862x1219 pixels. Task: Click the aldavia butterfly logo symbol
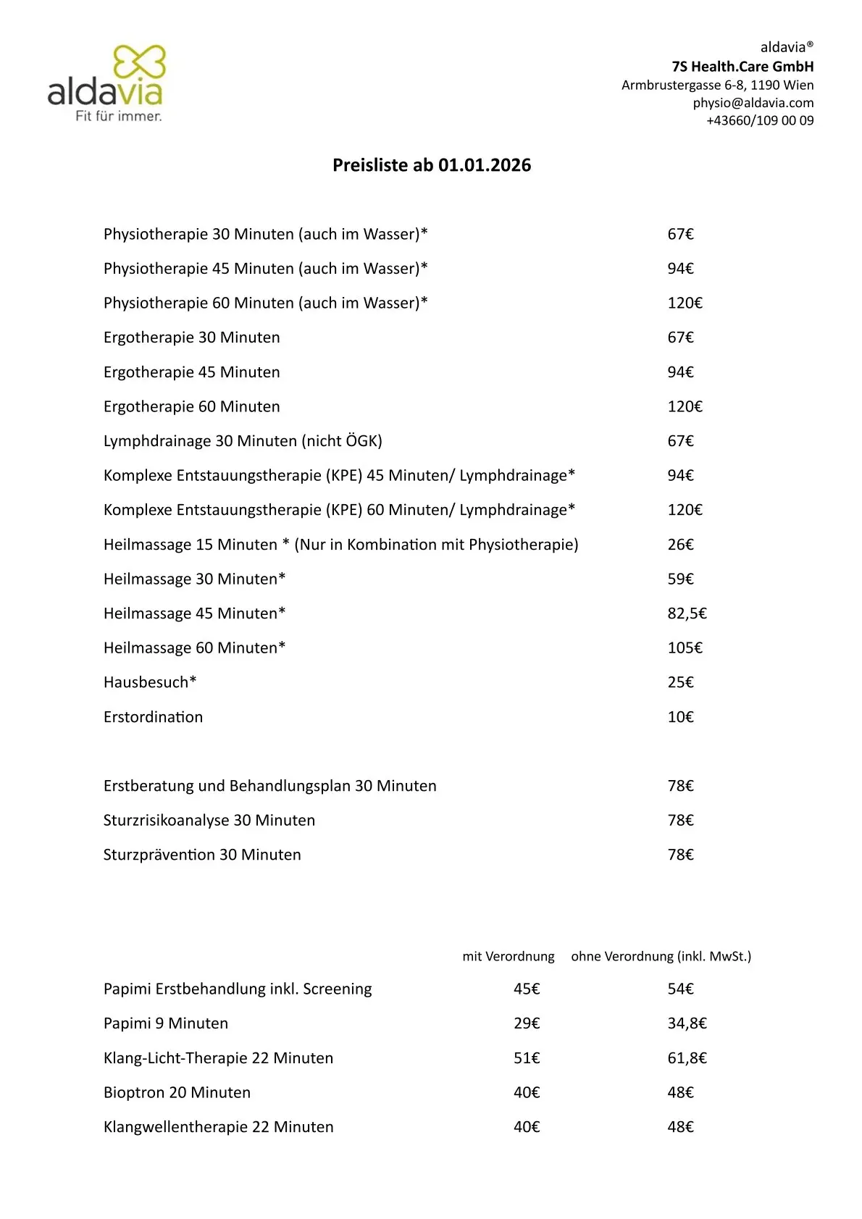[140, 62]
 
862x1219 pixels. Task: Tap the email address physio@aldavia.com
[753, 103]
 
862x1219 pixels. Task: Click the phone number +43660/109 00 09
[760, 121]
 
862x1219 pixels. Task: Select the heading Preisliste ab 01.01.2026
[432, 165]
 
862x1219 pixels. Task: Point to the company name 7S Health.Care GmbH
[742, 67]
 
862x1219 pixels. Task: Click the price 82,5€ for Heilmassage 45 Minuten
[687, 613]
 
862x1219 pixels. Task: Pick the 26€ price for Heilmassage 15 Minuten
[680, 545]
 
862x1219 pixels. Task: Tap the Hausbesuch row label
[150, 682]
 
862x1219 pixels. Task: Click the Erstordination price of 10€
[680, 717]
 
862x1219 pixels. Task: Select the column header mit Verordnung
[509, 957]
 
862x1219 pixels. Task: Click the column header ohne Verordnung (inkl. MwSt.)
[661, 957]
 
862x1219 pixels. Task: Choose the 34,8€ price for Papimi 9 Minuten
[687, 1023]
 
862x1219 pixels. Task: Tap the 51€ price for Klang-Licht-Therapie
[527, 1058]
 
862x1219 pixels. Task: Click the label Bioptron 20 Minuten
[177, 1092]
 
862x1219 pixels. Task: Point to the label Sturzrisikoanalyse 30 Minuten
[209, 821]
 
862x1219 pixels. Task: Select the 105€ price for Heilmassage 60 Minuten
[685, 648]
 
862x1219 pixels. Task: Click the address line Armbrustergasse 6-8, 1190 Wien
[717, 85]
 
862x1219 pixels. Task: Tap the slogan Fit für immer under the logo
[119, 116]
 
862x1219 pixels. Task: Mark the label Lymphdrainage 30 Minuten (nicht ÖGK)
[243, 441]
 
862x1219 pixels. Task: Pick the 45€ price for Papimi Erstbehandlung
[527, 989]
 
